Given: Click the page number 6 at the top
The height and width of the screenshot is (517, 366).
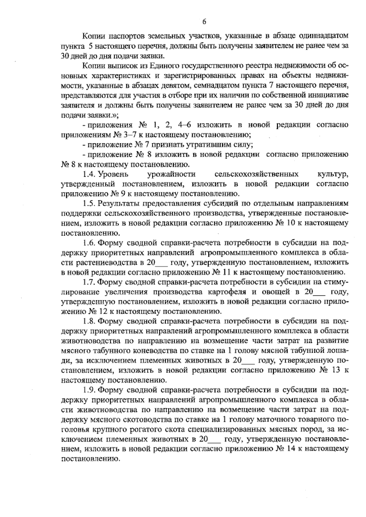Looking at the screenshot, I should coord(204,22).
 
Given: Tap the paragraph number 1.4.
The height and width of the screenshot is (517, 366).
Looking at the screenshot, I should coord(90,174).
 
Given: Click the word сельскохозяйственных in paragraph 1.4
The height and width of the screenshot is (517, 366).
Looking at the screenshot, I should coord(257,174).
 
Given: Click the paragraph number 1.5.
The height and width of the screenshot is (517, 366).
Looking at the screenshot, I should coord(90,204).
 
